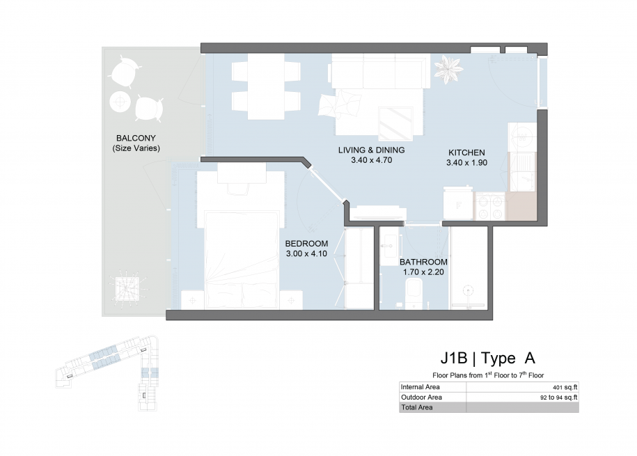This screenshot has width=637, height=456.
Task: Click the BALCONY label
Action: (x=136, y=138)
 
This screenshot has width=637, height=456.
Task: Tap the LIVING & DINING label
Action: (x=371, y=150)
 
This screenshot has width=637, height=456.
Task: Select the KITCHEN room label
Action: (x=466, y=152)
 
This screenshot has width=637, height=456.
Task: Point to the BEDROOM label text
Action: (x=306, y=244)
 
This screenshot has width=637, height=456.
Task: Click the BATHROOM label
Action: (x=423, y=262)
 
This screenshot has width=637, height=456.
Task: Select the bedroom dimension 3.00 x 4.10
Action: (x=306, y=253)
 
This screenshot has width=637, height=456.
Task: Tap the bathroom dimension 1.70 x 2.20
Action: (x=423, y=272)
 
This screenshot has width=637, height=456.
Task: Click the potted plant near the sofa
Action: (x=448, y=69)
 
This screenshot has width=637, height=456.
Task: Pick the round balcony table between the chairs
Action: (x=120, y=101)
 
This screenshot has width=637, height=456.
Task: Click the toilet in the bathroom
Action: (x=414, y=292)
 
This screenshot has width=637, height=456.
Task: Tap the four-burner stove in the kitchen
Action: (x=490, y=205)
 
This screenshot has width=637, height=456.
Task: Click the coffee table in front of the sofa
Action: (x=395, y=123)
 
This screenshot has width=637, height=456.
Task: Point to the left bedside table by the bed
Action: (x=192, y=300)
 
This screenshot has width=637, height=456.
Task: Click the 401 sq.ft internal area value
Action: (x=565, y=387)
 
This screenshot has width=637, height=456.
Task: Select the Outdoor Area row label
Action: (x=421, y=397)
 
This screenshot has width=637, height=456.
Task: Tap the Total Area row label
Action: (x=417, y=407)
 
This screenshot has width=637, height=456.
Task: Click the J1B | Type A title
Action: (x=488, y=358)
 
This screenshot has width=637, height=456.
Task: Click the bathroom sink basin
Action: (x=390, y=246)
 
